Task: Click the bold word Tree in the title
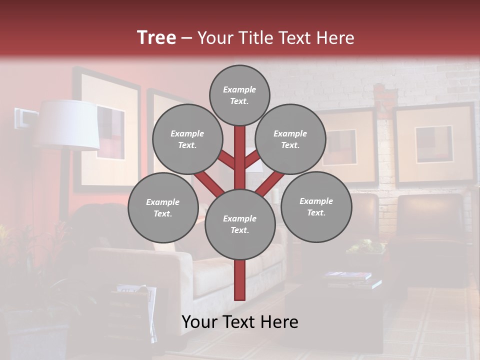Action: point(156,37)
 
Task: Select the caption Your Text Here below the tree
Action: point(239,322)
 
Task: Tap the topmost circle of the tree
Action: point(239,95)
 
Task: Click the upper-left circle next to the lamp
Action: point(187,139)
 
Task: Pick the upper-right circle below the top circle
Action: point(290,139)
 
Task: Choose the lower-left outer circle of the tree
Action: point(163,207)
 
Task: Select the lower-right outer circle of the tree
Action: point(316,206)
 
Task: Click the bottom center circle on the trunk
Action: point(240,224)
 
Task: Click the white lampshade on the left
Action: point(70,125)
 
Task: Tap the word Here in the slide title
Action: point(336,38)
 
